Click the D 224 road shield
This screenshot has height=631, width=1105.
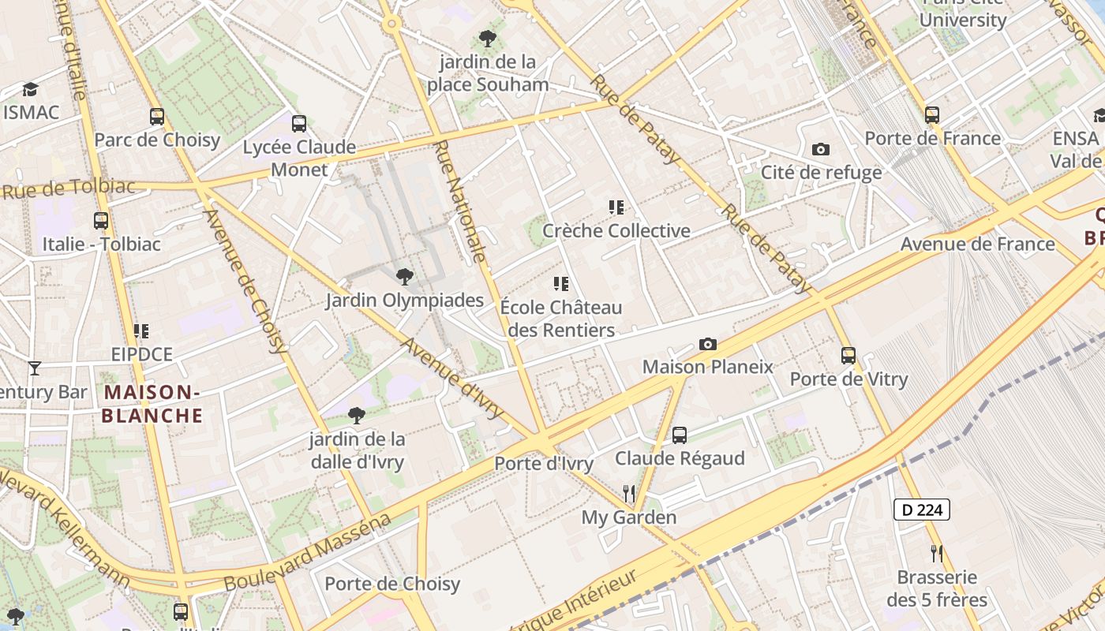921,510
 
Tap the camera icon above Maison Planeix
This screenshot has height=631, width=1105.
708,345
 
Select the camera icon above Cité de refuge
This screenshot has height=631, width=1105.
821,149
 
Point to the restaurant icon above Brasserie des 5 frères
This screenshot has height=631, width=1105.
936,553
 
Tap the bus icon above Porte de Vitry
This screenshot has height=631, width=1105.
848,356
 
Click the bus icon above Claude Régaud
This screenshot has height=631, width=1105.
679,435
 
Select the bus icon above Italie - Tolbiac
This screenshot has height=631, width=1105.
101,221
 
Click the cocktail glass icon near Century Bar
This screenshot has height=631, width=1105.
34,368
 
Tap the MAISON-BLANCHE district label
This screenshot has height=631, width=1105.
152,404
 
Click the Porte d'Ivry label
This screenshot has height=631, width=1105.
543,464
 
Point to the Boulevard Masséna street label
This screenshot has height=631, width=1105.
308,553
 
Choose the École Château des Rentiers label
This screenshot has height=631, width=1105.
560,319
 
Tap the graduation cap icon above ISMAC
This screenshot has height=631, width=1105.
30,89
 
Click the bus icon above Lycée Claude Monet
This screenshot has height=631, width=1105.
298,124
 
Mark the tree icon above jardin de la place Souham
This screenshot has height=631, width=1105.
488,38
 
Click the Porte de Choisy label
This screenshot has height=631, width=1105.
392,584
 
